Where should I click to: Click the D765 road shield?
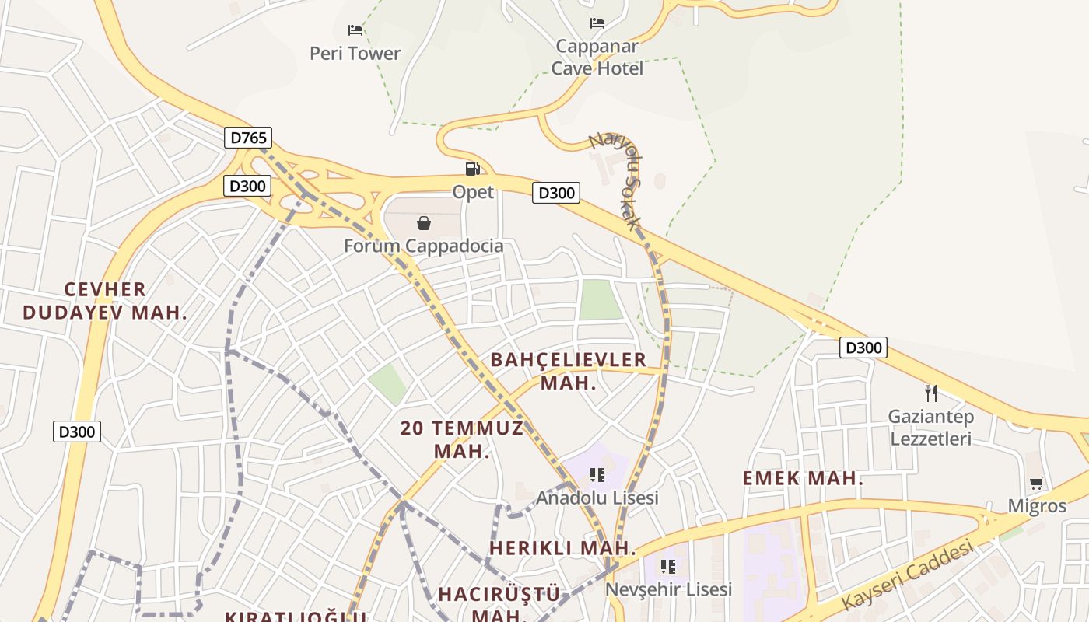tap(249, 138)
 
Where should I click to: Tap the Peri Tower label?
tap(355, 54)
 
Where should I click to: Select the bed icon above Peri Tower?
tap(355, 30)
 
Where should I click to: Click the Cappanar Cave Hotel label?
tap(597, 58)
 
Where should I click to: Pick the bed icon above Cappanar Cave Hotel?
tap(597, 23)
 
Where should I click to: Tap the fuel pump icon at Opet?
tap(472, 168)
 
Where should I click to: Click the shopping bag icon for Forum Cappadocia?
tap(424, 224)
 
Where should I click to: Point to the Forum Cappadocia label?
tap(424, 246)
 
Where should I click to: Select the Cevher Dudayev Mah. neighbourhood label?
tap(105, 301)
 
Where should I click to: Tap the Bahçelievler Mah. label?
tap(569, 371)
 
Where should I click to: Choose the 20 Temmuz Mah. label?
tap(462, 439)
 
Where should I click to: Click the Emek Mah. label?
tap(803, 478)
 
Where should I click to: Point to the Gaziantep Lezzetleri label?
tap(931, 428)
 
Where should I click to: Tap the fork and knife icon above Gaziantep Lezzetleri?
tap(930, 393)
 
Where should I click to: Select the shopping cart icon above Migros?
tap(1036, 484)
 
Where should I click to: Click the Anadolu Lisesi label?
tap(597, 498)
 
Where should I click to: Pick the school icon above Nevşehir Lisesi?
tap(668, 566)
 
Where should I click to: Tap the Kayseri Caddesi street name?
tap(908, 576)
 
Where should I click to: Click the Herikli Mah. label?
tap(562, 548)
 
